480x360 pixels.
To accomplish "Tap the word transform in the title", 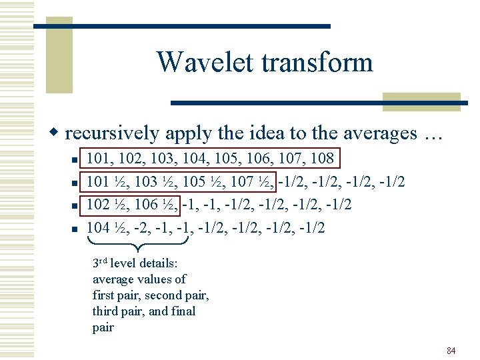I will click(x=317, y=63).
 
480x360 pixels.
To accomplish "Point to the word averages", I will click(x=371, y=133).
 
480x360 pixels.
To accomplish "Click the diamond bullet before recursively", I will click(x=58, y=133).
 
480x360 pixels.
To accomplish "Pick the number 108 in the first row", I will click(x=321, y=159).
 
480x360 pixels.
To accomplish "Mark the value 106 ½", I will click(x=157, y=205).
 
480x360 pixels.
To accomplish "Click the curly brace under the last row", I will click(x=138, y=245).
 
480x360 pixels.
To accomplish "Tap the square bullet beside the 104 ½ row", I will click(x=75, y=229).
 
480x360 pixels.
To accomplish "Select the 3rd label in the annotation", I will click(x=100, y=263).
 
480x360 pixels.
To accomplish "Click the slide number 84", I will click(x=451, y=351).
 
